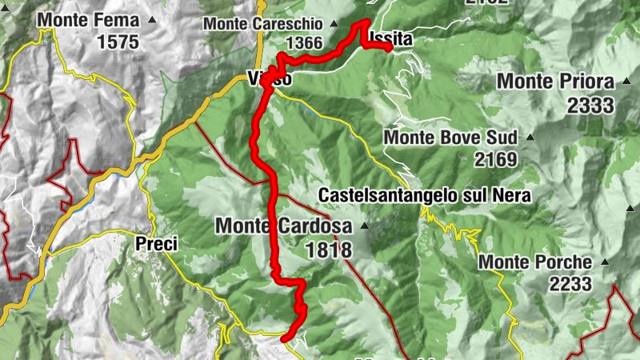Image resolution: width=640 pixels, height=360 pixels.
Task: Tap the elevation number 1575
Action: (x=118, y=42)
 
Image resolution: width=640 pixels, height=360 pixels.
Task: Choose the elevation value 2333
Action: (x=590, y=104)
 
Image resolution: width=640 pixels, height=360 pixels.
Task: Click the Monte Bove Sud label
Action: (x=450, y=137)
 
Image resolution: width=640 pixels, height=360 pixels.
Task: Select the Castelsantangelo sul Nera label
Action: (x=424, y=194)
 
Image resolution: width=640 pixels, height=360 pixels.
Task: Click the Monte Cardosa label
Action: (x=284, y=226)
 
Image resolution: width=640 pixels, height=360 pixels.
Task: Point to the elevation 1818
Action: (x=328, y=250)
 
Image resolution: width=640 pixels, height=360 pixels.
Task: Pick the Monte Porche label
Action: (x=535, y=262)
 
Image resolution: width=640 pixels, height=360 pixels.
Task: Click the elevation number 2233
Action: (x=570, y=283)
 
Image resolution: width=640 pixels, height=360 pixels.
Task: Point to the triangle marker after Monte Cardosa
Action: (x=365, y=226)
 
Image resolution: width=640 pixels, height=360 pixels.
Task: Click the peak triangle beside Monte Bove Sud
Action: (x=530, y=137)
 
